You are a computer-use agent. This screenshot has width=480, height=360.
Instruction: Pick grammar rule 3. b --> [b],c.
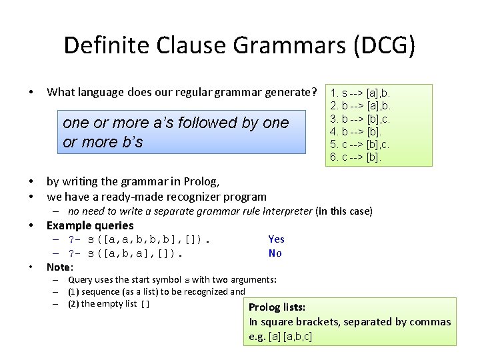coord(360,119)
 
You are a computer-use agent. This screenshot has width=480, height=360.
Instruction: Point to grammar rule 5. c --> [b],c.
coord(360,144)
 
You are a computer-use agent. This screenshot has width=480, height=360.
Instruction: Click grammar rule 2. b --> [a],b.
coord(360,105)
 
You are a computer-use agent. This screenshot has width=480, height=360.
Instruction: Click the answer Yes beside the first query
coord(276,239)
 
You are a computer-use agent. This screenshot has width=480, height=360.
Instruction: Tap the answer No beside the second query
coord(275,253)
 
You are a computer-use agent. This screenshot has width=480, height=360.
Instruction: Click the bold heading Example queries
coord(90,225)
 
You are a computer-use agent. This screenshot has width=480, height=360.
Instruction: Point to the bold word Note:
coord(59,267)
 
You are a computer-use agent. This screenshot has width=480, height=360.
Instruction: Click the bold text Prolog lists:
coord(277,307)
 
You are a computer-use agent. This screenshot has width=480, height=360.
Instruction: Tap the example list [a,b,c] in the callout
coord(297,337)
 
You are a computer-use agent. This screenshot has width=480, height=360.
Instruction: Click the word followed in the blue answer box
coord(213,123)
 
